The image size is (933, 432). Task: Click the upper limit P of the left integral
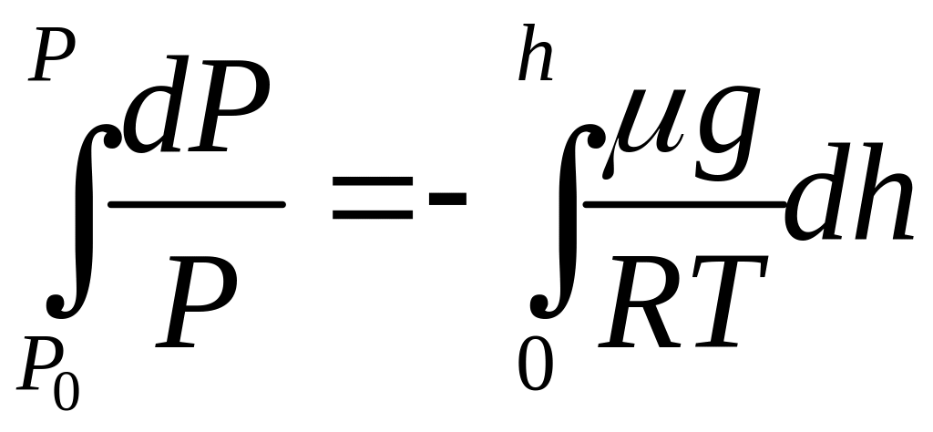[54, 60]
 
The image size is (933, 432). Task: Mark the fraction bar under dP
[196, 204]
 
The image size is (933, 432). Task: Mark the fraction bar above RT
[683, 204]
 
